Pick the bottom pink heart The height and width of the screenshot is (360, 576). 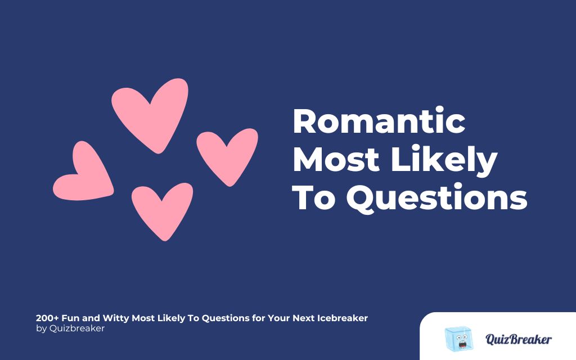(x=161, y=208)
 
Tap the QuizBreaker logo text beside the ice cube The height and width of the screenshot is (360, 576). (x=518, y=339)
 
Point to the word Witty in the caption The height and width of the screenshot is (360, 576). (x=115, y=318)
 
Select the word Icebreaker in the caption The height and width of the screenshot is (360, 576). (x=342, y=318)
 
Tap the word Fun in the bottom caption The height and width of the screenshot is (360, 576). (x=71, y=318)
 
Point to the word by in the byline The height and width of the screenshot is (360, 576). (x=41, y=328)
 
